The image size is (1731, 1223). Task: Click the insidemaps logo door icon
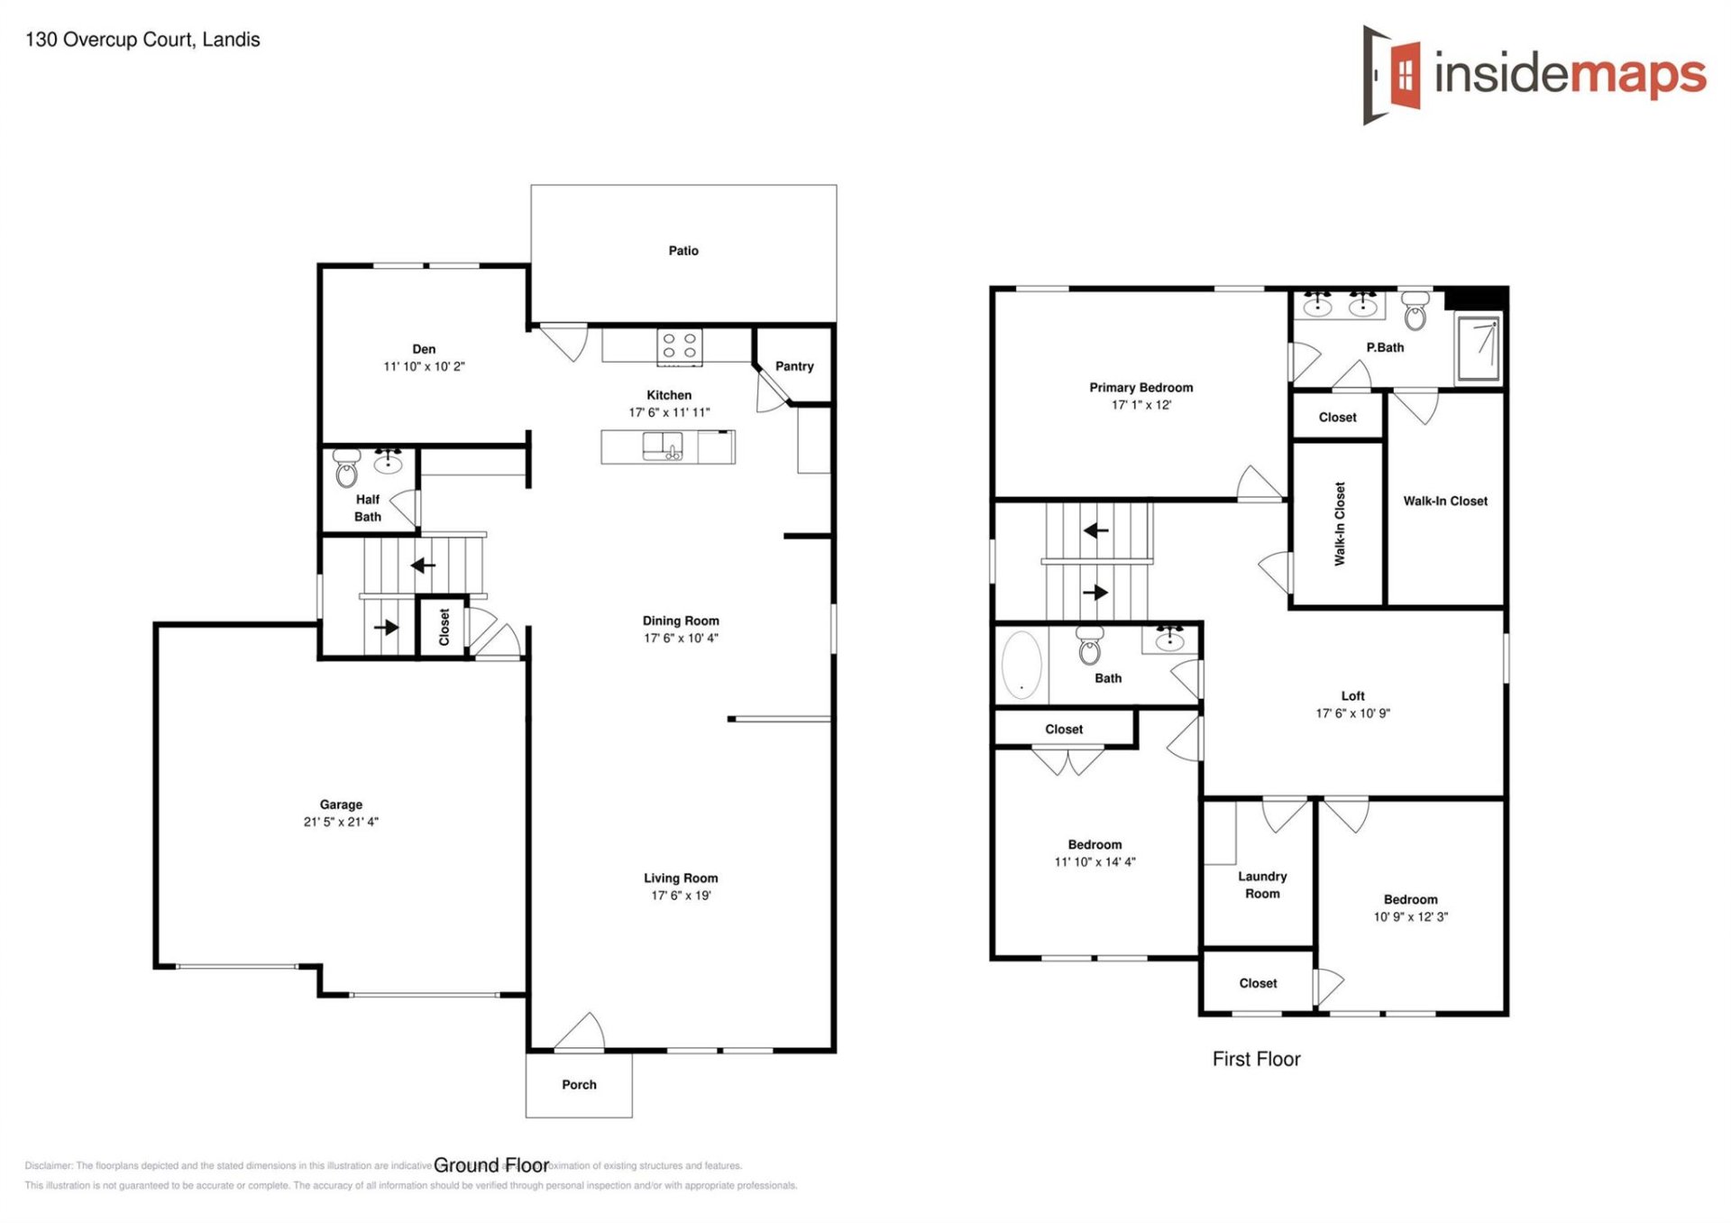coord(1393,74)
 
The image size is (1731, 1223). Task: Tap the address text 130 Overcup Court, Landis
coord(142,40)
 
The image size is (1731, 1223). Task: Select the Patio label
coord(683,251)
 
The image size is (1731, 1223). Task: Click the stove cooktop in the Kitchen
coord(680,346)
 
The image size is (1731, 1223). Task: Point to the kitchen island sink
coord(663,446)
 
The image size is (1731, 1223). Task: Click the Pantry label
coord(794,366)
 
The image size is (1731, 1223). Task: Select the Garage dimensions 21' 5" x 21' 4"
coord(341,822)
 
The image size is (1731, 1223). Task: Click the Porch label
coord(579,1084)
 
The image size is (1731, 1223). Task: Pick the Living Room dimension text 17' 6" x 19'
coord(681,896)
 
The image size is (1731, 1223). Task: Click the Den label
coord(424,349)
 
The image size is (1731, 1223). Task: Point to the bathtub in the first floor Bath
coord(1021,665)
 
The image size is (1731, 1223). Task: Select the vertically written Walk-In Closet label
coord(1340,523)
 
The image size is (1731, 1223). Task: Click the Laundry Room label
coord(1262,885)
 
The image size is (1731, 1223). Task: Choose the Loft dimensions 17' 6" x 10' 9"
coord(1352,713)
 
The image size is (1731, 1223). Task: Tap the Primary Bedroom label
coord(1140,388)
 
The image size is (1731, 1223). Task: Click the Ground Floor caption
coord(491,1165)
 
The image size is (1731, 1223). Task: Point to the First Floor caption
coord(1256,1059)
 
